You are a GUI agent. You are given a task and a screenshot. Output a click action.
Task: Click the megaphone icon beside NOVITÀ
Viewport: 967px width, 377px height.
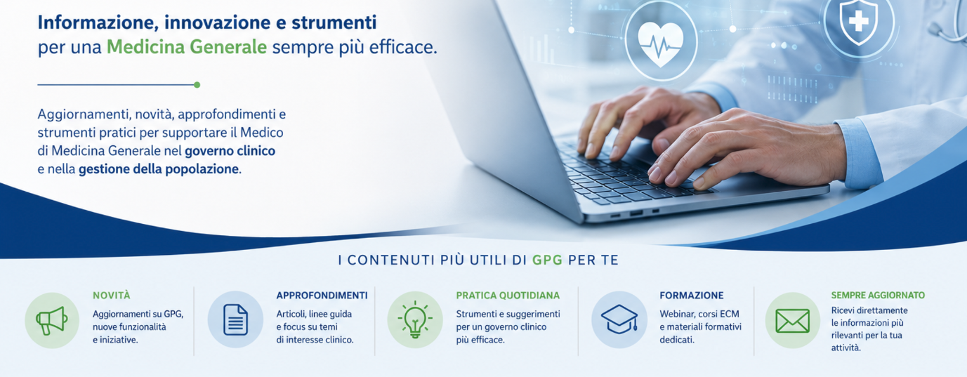coord(52,321)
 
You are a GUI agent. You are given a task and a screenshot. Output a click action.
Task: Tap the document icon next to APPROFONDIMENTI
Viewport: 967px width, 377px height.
coord(235,319)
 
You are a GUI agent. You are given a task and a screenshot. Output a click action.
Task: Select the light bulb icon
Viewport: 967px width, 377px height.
coord(415,319)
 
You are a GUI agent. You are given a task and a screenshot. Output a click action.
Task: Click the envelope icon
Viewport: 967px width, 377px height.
coord(793,321)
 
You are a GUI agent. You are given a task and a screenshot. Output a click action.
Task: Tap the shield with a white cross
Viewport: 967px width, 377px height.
coord(859,21)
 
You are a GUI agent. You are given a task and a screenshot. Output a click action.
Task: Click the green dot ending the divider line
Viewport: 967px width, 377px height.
coord(197,84)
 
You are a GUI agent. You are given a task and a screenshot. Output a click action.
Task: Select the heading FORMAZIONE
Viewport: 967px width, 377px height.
coord(691,296)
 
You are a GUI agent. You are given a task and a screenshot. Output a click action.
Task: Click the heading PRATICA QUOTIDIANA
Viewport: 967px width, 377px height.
coord(508,296)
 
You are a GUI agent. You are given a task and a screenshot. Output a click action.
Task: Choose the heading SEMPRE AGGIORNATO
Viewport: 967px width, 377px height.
coord(878,295)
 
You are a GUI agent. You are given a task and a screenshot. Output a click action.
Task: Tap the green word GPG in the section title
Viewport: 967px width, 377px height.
coord(547,260)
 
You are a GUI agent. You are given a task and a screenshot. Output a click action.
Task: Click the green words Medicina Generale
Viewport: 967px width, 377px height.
coord(187,47)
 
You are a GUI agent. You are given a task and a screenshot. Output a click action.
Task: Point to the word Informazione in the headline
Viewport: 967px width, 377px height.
coord(98,22)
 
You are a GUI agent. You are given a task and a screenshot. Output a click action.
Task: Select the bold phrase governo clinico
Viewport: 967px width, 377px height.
coord(230,151)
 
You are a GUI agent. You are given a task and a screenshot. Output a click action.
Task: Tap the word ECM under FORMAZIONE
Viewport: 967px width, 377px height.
coord(730,314)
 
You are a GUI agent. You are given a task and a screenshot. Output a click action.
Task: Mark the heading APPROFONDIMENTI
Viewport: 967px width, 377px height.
coord(322,296)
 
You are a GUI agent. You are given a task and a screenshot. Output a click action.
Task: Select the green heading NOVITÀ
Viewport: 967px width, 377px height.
coord(112,296)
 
